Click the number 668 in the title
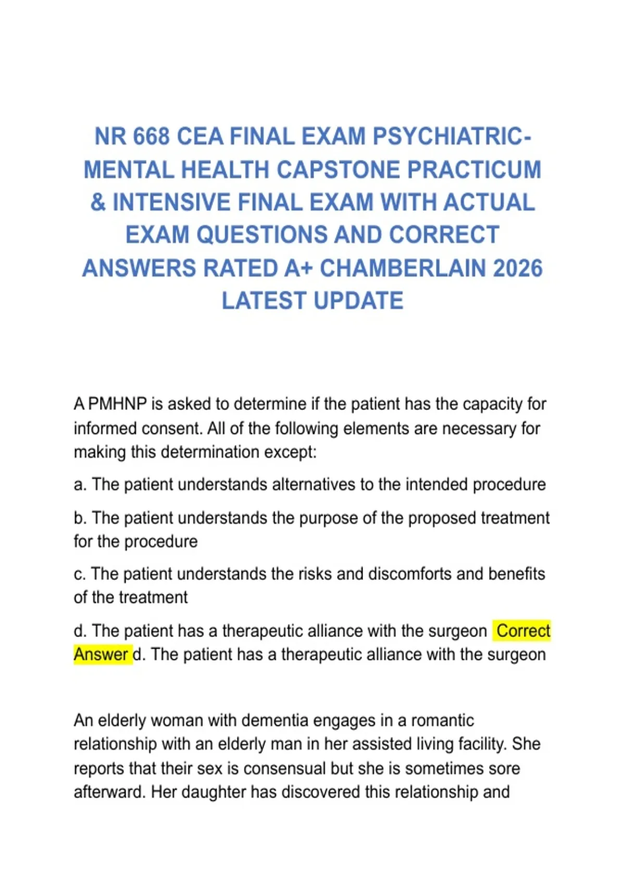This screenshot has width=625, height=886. pyautogui.click(x=152, y=137)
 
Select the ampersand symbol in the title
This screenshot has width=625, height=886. pyautogui.click(x=98, y=203)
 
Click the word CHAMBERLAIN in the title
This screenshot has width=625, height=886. pyautogui.click(x=402, y=268)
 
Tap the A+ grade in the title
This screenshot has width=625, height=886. pyautogui.click(x=298, y=268)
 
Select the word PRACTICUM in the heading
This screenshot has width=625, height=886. pyautogui.click(x=474, y=170)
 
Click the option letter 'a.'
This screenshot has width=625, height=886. pyautogui.click(x=80, y=485)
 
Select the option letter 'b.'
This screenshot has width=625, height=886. pyautogui.click(x=80, y=518)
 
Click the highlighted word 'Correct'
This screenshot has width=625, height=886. pyautogui.click(x=523, y=631)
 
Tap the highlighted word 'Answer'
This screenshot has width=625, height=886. pyautogui.click(x=101, y=655)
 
